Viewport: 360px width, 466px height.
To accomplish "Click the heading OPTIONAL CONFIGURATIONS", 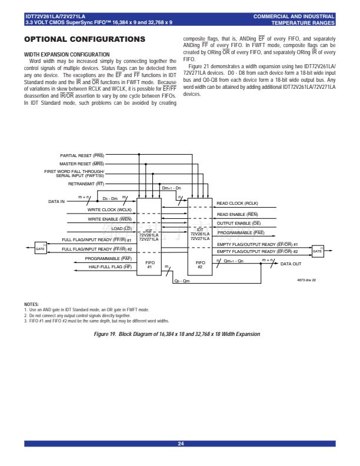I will pos(84,39).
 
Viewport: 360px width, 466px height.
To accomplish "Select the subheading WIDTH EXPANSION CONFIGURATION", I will pos(67,55).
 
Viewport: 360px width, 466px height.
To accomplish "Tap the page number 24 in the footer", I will pos(181,443).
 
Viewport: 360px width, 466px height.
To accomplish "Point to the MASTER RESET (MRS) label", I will pos(82,164).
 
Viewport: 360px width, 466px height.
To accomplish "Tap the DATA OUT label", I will pos(307,264).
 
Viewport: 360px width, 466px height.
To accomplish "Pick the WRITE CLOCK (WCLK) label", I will pos(109,209).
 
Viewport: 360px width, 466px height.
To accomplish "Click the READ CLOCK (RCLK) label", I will pos(238,203).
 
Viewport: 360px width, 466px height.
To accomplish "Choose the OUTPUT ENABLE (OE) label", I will pos(239,223).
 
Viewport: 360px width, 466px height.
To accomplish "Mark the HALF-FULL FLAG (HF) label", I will pos(110,267).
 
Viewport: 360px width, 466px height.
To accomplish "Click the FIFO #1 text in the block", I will pos(149,265).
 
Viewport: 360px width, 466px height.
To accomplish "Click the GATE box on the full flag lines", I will pos(40,249).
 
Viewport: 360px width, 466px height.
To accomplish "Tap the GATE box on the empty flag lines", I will pos(317,251).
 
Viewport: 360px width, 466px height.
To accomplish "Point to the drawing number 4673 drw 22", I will pos(307,279).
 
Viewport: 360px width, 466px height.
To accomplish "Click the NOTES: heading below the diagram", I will pos(31,304).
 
